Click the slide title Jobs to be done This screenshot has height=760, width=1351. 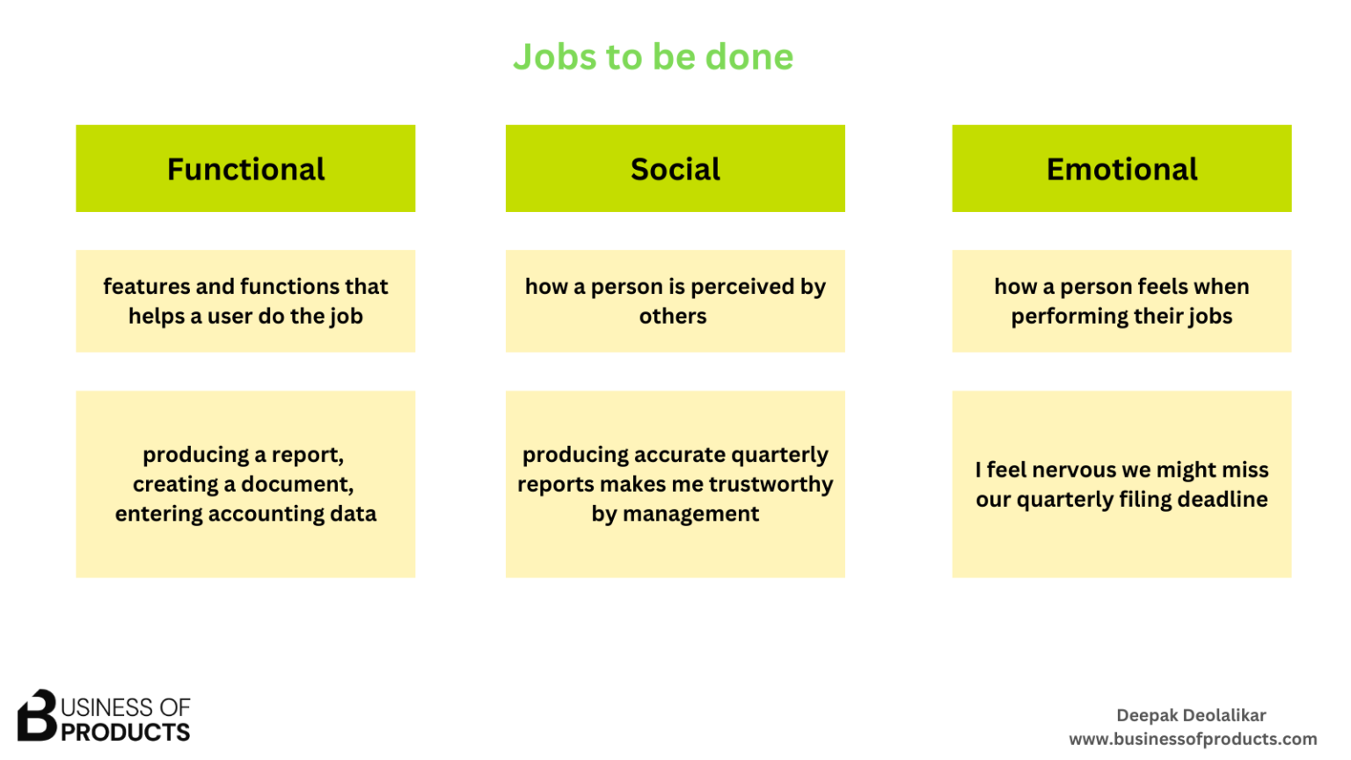(653, 57)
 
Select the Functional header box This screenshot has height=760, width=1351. (245, 169)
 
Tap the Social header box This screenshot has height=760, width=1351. (675, 169)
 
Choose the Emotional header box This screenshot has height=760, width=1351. (1121, 169)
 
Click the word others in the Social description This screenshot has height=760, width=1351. (673, 317)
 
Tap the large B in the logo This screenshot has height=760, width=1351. (37, 715)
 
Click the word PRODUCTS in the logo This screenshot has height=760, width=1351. (125, 733)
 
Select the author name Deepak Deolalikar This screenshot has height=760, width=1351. (1191, 715)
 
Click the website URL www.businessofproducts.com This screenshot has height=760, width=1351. (1193, 739)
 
